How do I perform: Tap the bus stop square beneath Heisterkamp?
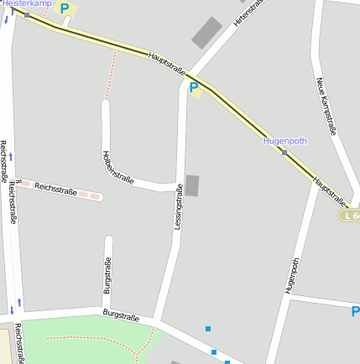(x=28, y=15)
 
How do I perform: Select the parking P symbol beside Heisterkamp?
(x=65, y=9)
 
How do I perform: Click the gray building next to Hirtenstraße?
(x=206, y=32)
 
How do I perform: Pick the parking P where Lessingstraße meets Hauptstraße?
(x=195, y=87)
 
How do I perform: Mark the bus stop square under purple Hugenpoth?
(x=285, y=153)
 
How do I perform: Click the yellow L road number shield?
(x=351, y=216)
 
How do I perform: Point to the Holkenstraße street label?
(x=117, y=166)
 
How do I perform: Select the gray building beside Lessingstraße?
(x=193, y=186)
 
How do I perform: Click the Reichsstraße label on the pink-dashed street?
(x=55, y=190)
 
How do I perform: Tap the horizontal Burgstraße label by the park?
(x=120, y=315)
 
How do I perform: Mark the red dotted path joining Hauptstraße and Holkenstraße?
(x=111, y=74)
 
